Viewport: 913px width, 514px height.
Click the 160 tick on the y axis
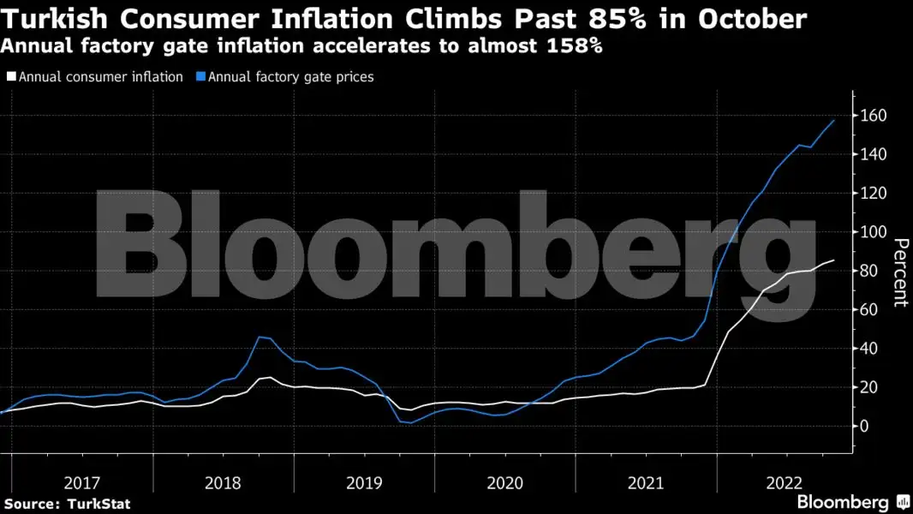pyautogui.click(x=874, y=116)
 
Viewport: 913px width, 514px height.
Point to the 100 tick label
pyautogui.click(x=874, y=232)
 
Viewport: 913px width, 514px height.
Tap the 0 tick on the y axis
pyautogui.click(x=865, y=426)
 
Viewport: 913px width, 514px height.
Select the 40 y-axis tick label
pyautogui.click(x=870, y=349)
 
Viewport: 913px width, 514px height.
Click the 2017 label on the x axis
pyautogui.click(x=82, y=482)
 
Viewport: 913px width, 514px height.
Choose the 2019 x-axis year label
pyautogui.click(x=365, y=482)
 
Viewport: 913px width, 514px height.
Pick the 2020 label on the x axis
pyautogui.click(x=505, y=482)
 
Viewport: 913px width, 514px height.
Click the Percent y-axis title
pyautogui.click(x=900, y=272)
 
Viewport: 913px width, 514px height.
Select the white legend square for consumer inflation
pyautogui.click(x=11, y=77)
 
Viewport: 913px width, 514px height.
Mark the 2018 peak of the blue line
pyautogui.click(x=260, y=337)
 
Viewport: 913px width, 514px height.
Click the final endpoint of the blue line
pyautogui.click(x=833, y=120)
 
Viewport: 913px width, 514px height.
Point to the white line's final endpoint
pyautogui.click(x=833, y=260)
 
